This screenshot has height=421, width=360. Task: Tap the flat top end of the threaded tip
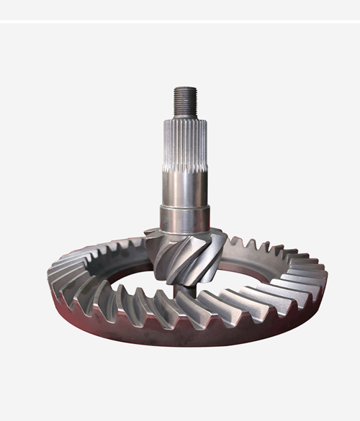tap(185, 89)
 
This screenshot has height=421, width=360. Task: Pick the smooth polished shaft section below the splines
tap(185, 187)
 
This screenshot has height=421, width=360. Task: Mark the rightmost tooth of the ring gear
tap(317, 277)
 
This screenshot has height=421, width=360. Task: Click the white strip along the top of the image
tap(180, 10)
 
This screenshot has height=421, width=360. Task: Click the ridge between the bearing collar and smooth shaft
tap(185, 207)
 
